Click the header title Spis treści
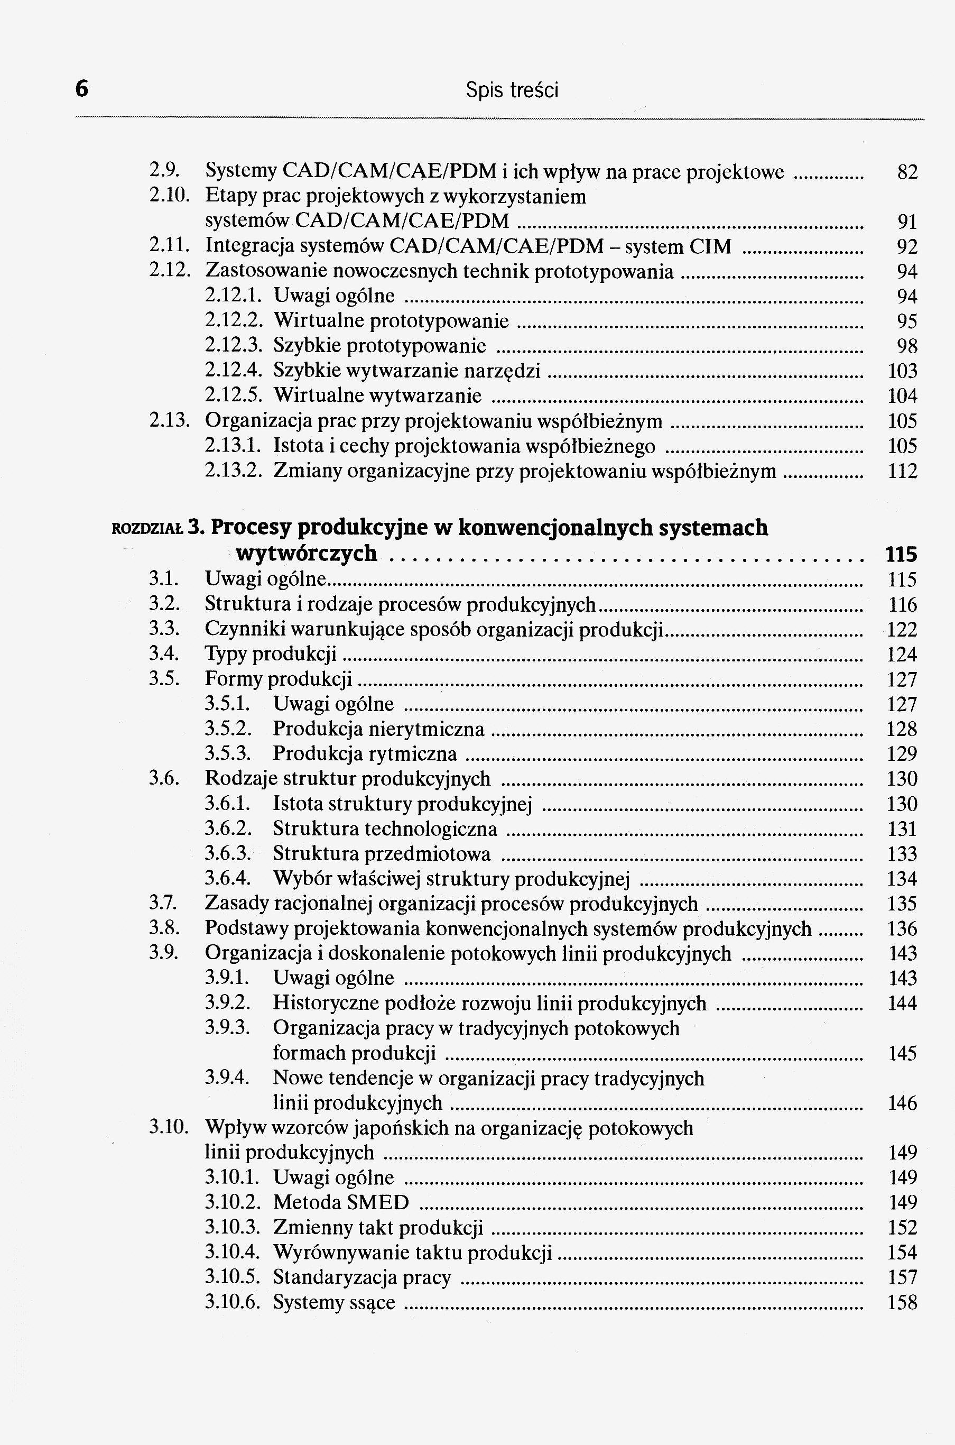coord(512,91)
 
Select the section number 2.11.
coord(167,245)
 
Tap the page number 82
coord(907,173)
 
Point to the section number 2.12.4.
coord(233,371)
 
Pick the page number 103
coord(902,371)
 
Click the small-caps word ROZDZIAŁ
coord(147,529)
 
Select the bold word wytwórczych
coord(306,554)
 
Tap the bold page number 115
coord(901,554)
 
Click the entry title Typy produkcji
coord(271,654)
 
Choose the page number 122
coord(902,629)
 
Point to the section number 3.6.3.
coord(228,853)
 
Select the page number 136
coord(902,928)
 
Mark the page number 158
coord(902,1302)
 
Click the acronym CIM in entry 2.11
coord(710,246)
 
